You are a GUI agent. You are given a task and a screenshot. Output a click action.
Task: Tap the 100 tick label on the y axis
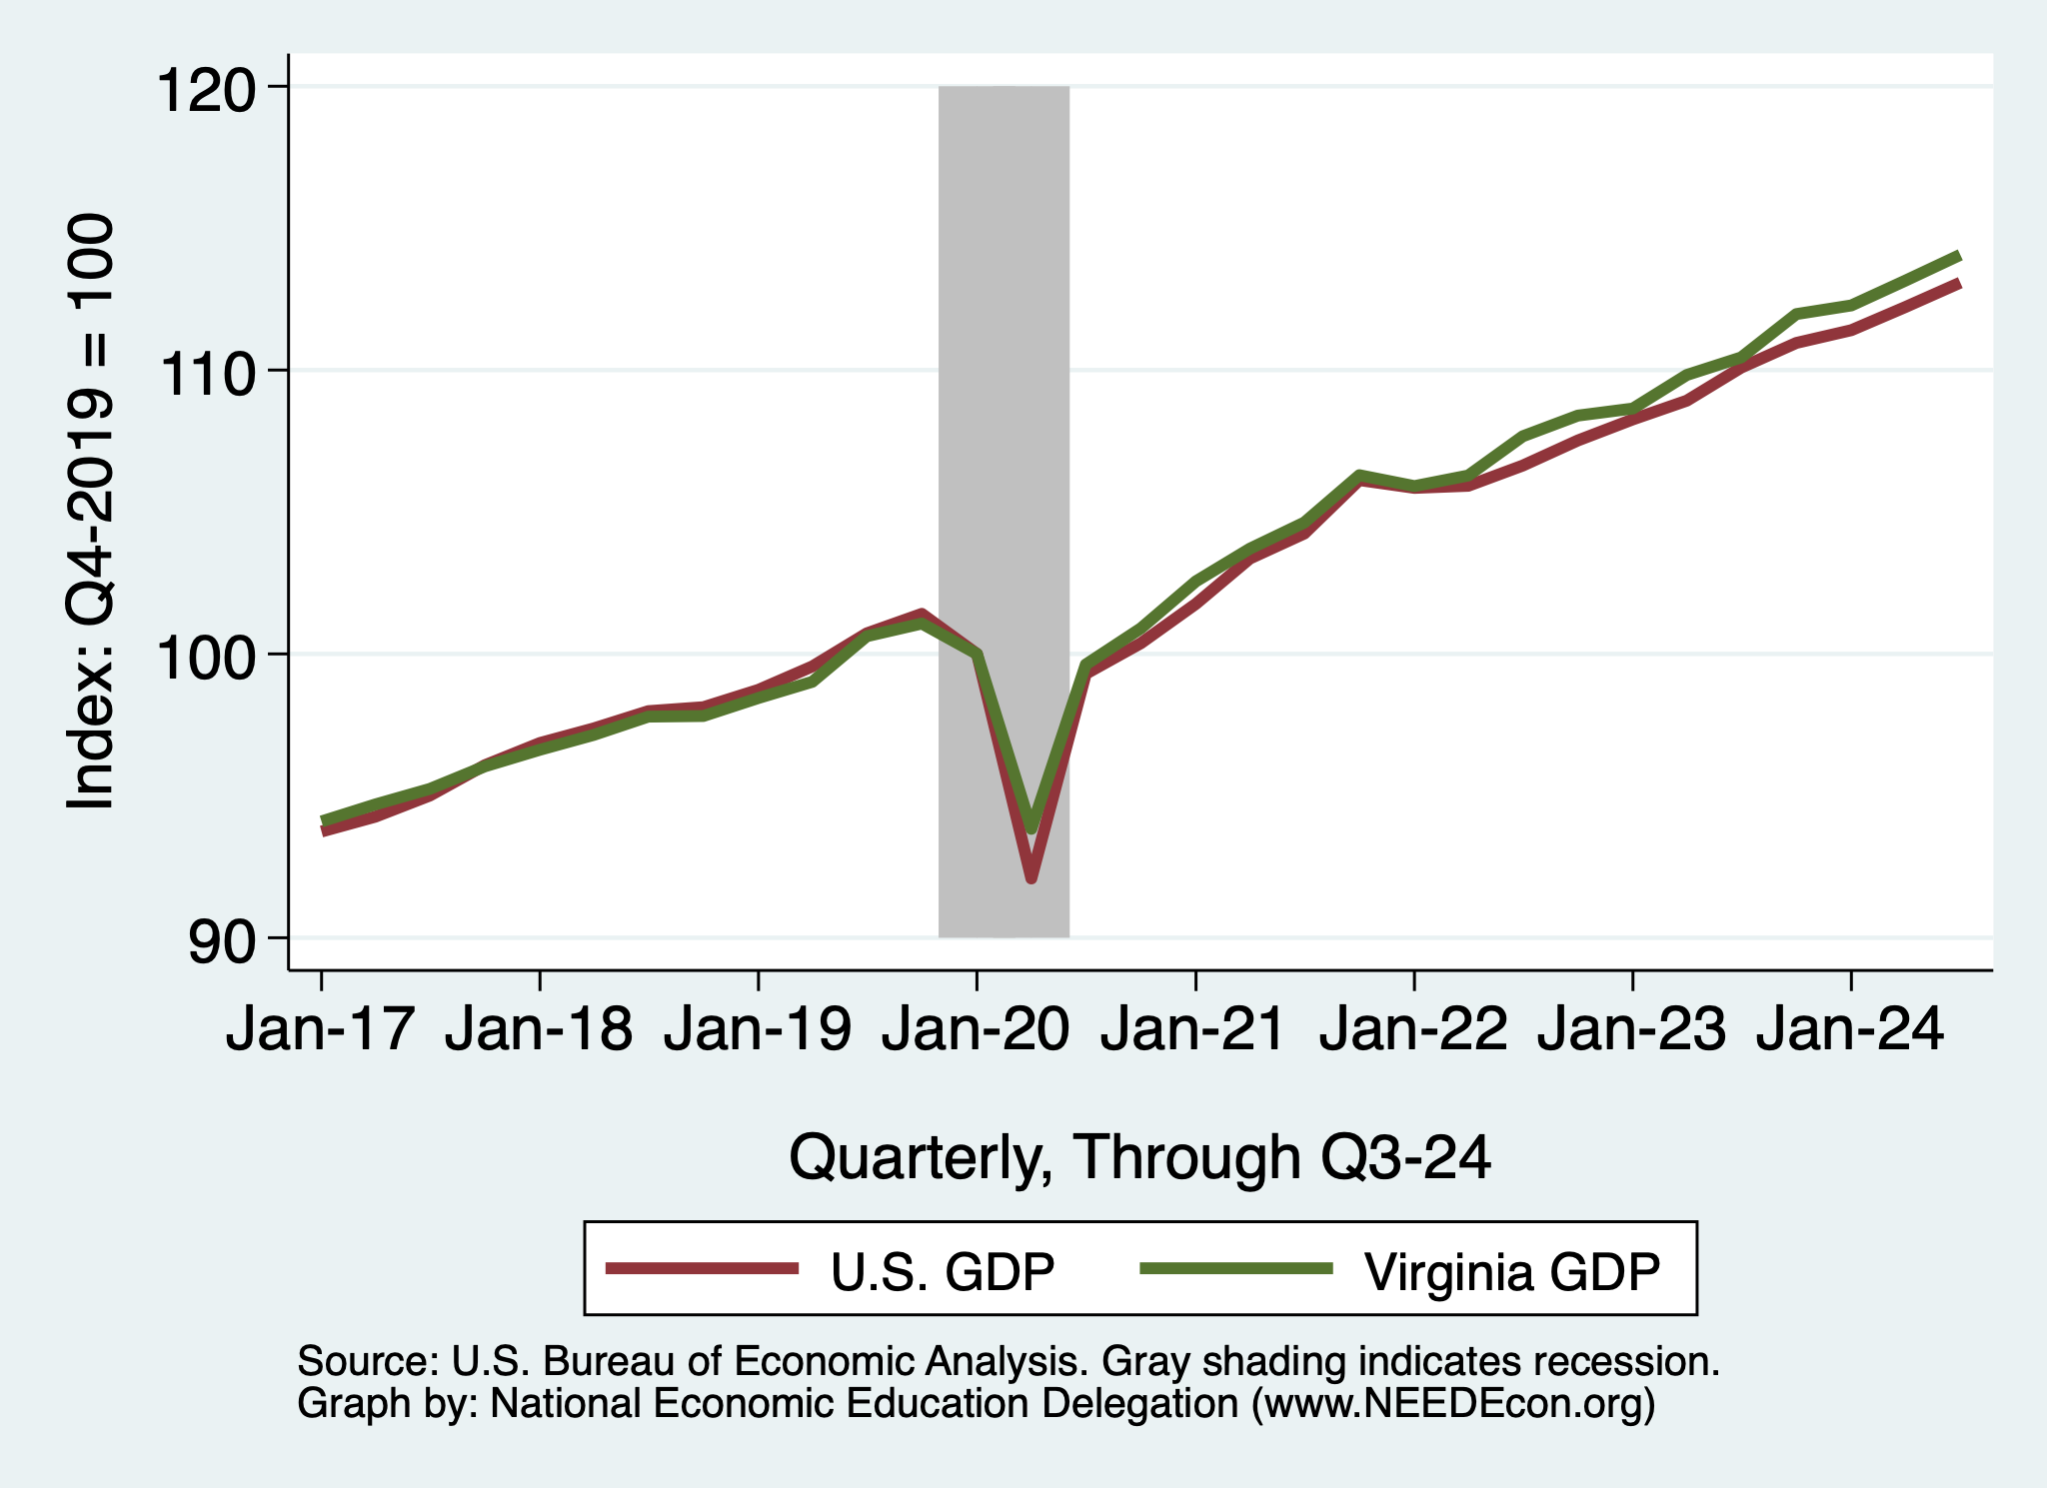point(205,658)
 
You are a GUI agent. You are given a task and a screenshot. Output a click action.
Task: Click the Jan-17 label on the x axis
point(321,1029)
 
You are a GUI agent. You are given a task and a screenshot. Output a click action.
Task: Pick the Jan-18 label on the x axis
point(539,1029)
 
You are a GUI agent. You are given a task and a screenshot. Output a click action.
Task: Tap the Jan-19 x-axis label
point(758,1029)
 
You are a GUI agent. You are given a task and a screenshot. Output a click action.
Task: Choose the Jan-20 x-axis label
point(976,1029)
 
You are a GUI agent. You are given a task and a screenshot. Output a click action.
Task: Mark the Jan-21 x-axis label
point(1194,1029)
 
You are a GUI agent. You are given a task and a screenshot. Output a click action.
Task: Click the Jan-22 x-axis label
point(1413,1029)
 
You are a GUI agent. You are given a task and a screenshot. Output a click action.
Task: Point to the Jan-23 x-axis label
point(1631,1029)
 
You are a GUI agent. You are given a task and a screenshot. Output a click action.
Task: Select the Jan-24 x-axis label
point(1850,1029)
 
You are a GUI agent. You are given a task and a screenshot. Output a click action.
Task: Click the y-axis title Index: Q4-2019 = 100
point(90,512)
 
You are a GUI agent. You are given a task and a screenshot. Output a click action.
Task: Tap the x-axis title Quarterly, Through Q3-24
point(1139,1157)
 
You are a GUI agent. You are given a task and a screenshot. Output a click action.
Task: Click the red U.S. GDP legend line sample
point(702,1268)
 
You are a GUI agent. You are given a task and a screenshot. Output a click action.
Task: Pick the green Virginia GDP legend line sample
point(1236,1268)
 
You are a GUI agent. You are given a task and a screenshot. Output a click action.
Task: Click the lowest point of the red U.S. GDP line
point(1031,878)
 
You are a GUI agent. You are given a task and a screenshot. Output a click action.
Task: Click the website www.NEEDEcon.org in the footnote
point(1453,1404)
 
